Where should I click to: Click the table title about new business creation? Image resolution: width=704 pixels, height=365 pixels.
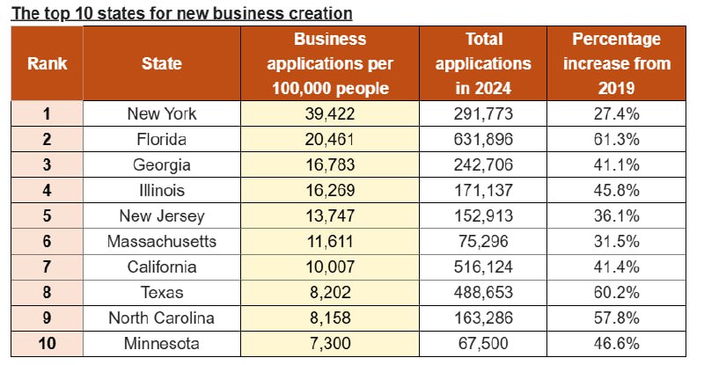pos(180,13)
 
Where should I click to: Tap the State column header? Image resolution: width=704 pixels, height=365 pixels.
pos(162,63)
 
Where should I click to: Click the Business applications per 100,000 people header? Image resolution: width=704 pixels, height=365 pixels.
pos(330,63)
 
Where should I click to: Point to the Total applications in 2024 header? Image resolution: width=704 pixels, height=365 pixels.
pos(483,63)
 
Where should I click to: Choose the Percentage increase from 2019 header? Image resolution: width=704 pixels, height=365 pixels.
pos(616,63)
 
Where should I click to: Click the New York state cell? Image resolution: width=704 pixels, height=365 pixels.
pos(162,113)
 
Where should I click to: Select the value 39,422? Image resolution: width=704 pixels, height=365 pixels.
pos(330,113)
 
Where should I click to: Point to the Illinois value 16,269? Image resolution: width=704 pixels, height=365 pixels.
pos(330,188)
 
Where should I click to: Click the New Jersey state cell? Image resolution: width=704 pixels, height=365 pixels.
pos(162,214)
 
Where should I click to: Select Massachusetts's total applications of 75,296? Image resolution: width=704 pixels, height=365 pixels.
pos(483,239)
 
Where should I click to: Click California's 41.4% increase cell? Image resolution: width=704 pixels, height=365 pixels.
pos(616,266)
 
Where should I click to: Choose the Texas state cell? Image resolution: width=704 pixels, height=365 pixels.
pos(162,291)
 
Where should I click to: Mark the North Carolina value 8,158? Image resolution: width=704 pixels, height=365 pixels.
pos(330,317)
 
